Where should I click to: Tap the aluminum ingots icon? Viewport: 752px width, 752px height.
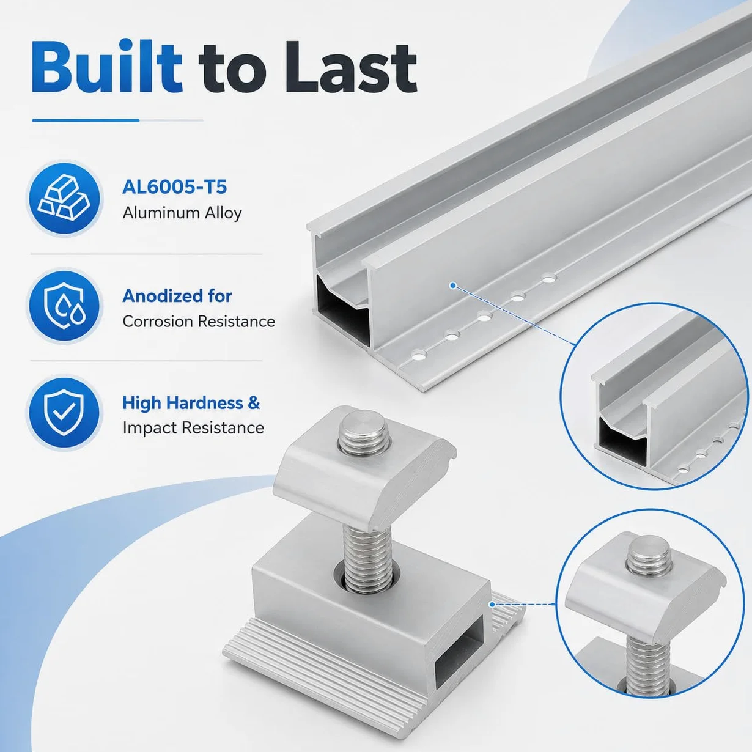64,198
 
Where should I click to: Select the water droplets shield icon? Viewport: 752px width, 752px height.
65,306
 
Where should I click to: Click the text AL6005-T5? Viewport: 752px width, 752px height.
174,187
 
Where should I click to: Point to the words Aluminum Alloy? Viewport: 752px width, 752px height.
182,213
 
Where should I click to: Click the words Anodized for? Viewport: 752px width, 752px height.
177,296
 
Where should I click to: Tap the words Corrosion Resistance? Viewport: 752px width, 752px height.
199,322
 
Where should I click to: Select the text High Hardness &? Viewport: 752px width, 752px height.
191,403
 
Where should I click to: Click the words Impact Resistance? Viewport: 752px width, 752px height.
193,428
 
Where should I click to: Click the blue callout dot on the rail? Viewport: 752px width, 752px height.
452,286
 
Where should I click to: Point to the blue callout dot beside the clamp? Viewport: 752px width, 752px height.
492,605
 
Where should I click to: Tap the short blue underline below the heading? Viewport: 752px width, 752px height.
86,120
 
